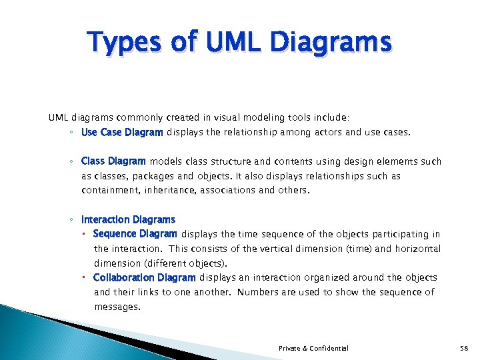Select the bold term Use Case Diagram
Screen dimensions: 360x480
[122, 133]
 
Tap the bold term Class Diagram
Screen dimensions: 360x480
[113, 161]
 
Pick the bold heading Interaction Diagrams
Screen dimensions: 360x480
[128, 219]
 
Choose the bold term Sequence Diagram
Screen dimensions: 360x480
[135, 234]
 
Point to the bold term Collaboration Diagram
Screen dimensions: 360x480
[144, 277]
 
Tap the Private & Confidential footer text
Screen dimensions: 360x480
[313, 349]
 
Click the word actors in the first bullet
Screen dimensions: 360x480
[341, 133]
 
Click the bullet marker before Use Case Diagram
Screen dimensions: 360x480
[71, 133]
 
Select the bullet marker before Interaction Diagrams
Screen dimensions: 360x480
[71, 219]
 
